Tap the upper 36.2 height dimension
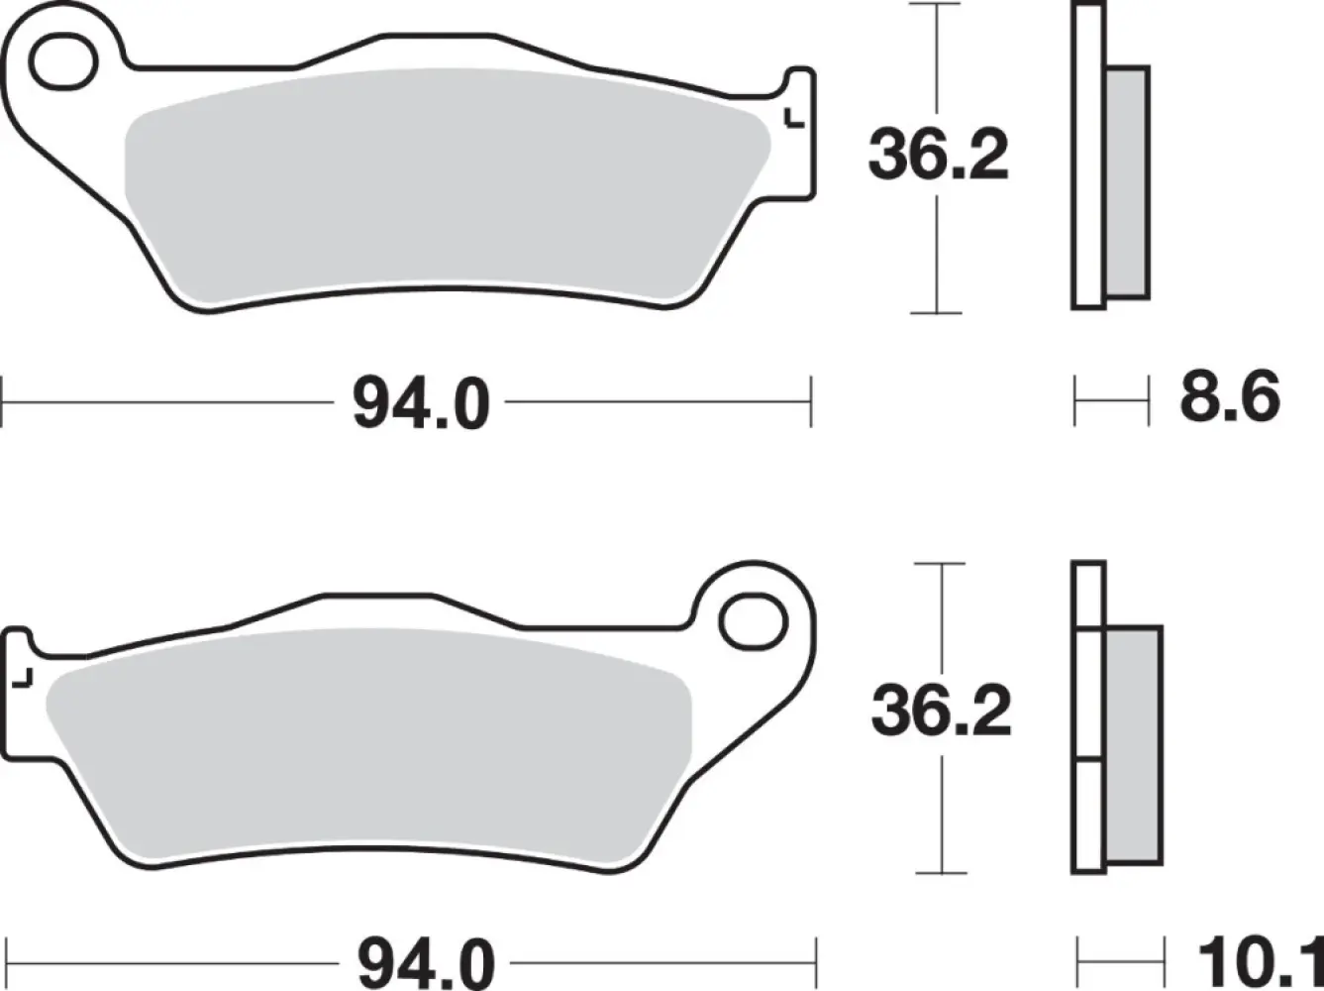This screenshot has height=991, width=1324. pos(938,157)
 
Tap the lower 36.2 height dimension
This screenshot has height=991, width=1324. pos(941,712)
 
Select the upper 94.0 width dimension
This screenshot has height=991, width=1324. pos(421,403)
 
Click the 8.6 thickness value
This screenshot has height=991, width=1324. pos(1229,398)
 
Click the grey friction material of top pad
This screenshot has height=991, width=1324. pos(446,183)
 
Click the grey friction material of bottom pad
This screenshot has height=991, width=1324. pos(366,743)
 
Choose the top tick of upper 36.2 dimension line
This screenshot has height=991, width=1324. pos(936,6)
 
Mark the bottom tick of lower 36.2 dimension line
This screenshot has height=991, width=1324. pos(940,872)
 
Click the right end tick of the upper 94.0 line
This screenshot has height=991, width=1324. pos(811,402)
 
